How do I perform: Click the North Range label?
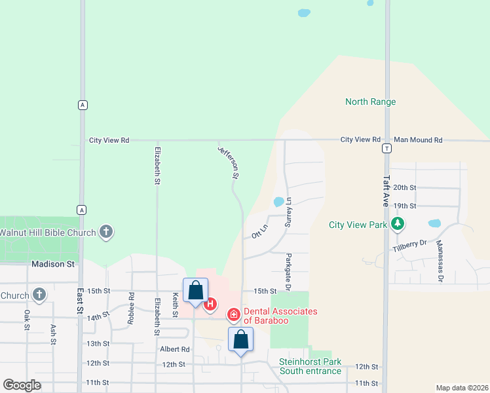click(x=370, y=102)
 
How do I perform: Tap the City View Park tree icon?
click(x=397, y=225)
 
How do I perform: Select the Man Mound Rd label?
click(x=418, y=140)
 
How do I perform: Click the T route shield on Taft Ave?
click(x=387, y=149)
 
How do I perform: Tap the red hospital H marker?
click(x=210, y=304)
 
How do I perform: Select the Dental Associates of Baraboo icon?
click(x=233, y=316)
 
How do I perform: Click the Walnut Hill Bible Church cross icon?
click(x=106, y=232)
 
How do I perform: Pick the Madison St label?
click(x=53, y=264)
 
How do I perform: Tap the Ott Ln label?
click(x=260, y=232)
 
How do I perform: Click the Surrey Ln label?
click(x=287, y=212)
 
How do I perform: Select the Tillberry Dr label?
click(x=410, y=246)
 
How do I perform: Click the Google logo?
click(x=22, y=384)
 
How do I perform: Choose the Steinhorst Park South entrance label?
click(x=310, y=366)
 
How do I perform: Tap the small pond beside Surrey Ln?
click(x=278, y=202)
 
